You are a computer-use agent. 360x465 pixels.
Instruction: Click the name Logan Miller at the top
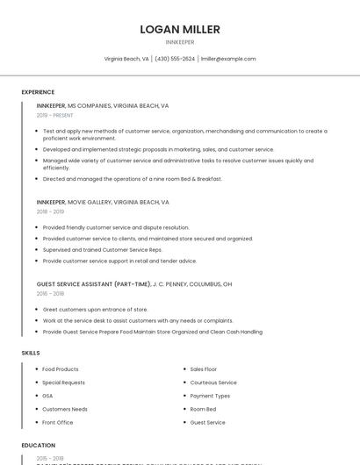[x=180, y=30]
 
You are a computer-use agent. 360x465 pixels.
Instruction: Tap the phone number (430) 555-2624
[x=175, y=59]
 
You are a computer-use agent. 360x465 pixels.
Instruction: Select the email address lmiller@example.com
[x=228, y=59]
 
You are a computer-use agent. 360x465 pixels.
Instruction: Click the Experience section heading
[x=38, y=92]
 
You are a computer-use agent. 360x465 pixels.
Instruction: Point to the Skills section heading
[x=31, y=353]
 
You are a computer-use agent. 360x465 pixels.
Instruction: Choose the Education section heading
[x=39, y=446]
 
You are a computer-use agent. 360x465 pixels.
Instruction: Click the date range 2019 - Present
[x=54, y=116]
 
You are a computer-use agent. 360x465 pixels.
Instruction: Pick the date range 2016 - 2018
[x=50, y=294]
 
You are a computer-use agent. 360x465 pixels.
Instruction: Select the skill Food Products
[x=61, y=369]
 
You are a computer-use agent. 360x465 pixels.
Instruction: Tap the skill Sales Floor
[x=204, y=369]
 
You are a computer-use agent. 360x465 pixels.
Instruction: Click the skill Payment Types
[x=210, y=396]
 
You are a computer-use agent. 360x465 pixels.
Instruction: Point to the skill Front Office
[x=58, y=422]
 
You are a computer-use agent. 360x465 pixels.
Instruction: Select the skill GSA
[x=47, y=396]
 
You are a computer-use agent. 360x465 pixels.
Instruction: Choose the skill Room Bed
[x=203, y=409]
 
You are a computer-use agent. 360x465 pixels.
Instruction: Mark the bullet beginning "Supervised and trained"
[x=102, y=249]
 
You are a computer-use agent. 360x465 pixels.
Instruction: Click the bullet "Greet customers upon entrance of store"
[x=95, y=310]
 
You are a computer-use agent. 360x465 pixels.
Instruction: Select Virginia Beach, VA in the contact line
[x=126, y=59]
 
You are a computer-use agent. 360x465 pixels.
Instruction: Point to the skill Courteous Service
[x=213, y=383]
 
